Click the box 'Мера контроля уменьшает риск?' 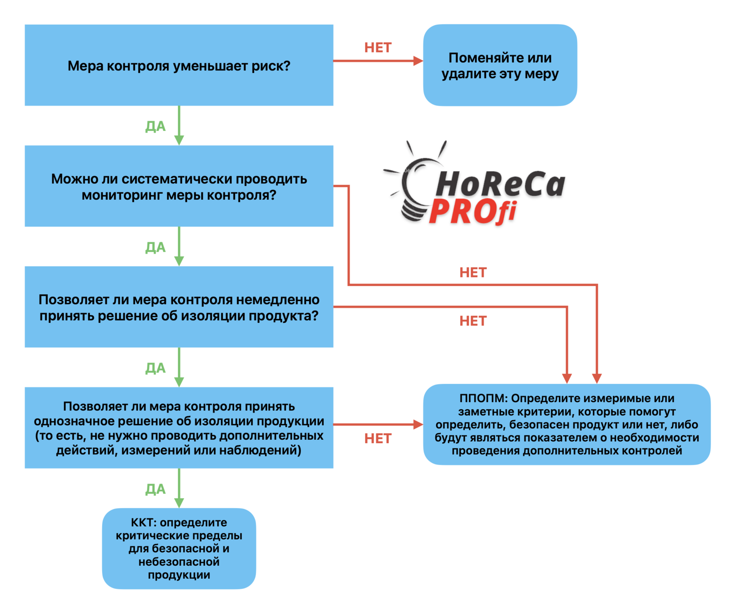coord(179,65)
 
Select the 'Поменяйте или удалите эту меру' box coord(500,65)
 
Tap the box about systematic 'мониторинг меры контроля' coord(179,186)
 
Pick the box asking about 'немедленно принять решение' coord(179,307)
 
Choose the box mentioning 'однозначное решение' coord(179,427)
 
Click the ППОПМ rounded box coord(567,424)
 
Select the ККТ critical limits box coord(179,548)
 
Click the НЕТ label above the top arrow coord(378,48)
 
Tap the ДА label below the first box coord(155,127)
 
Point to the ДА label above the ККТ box coord(155,489)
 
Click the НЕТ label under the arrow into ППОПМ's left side coord(378,438)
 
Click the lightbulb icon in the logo coord(412,183)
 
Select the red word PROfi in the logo coord(473,212)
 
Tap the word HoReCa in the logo coord(500,184)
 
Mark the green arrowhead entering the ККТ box coord(179,503)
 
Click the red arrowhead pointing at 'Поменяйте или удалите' coord(418,61)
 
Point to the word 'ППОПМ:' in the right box coord(483,398)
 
